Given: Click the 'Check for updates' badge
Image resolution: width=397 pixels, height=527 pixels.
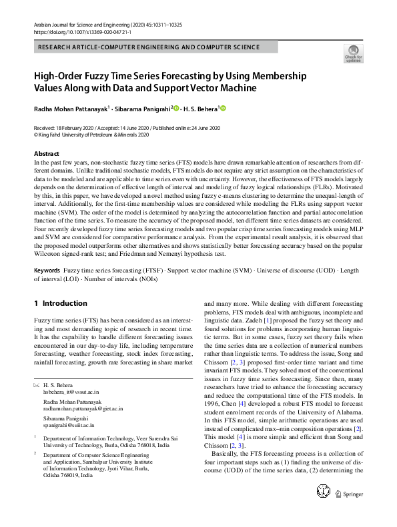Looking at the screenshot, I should click(353, 54).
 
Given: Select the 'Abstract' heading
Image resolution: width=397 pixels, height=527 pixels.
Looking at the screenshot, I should click(47, 154).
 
